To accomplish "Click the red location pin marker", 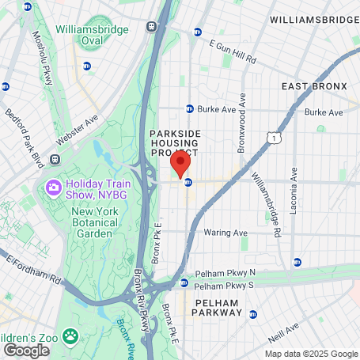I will [x=180, y=165].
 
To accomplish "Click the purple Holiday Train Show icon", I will [x=54, y=188].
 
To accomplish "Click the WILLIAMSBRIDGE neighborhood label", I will [x=313, y=18].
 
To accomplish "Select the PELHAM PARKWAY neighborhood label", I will [x=216, y=313].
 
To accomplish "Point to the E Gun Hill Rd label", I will [x=234, y=54].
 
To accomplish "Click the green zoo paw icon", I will [x=71, y=335].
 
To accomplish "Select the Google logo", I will [x=26, y=350].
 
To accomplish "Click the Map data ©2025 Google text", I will [x=311, y=354].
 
